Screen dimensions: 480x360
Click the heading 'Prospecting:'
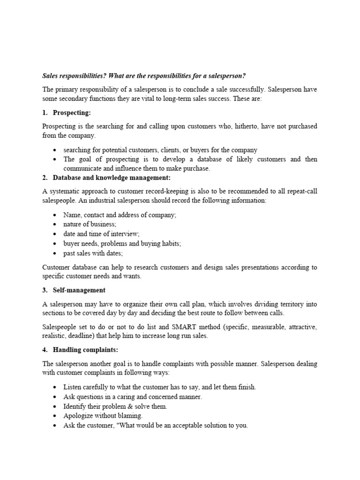(72, 113)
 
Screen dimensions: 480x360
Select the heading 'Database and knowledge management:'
(112, 178)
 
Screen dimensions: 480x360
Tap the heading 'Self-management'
(79, 290)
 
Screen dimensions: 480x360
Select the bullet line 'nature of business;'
(90, 224)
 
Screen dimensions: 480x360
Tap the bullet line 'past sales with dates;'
(93, 253)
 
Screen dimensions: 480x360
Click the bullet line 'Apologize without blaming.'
(103, 416)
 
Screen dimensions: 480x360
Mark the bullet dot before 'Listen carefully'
(55, 387)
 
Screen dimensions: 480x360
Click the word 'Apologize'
(78, 416)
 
